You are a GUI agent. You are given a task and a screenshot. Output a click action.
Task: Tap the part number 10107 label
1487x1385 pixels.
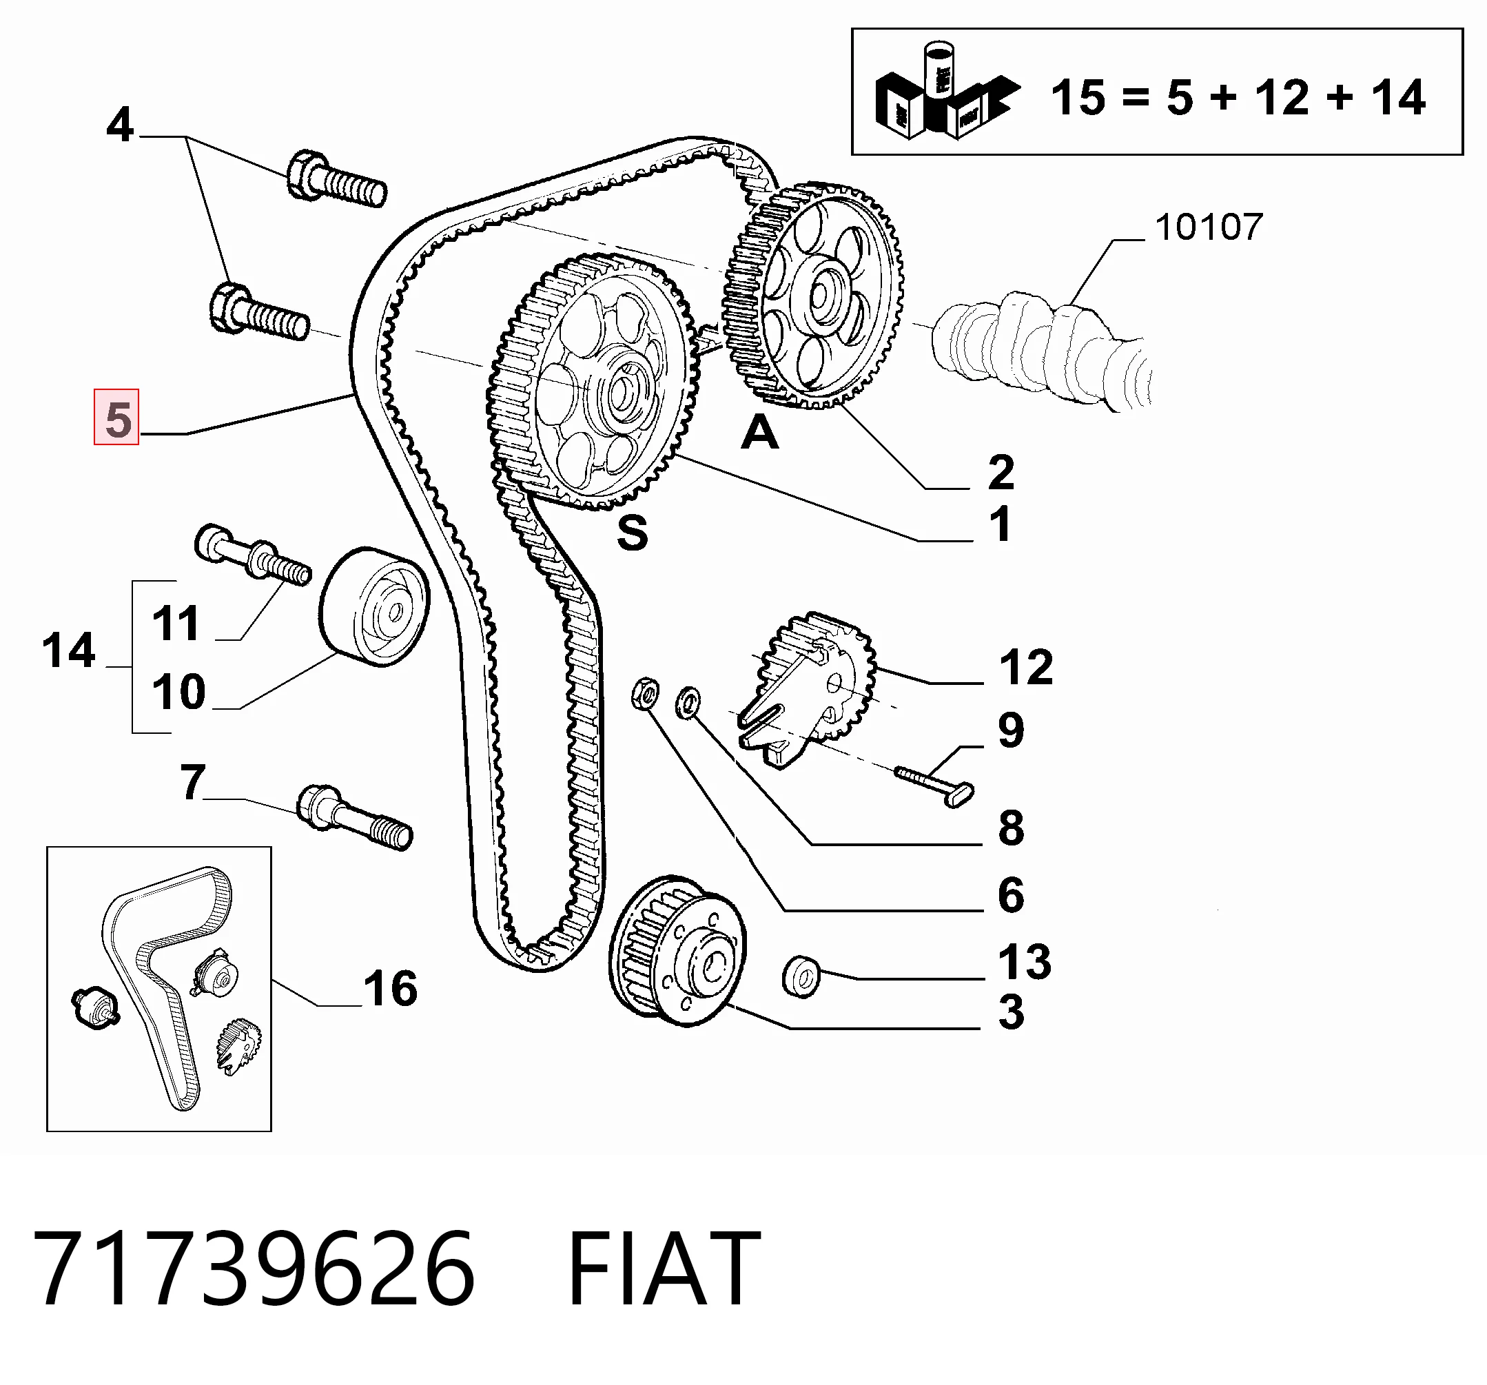pos(1209,227)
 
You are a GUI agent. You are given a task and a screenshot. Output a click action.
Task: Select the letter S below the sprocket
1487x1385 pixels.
pos(632,533)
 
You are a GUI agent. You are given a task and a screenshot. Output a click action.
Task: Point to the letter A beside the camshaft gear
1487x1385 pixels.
pos(759,432)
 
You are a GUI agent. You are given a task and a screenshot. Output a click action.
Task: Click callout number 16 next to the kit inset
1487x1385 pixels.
pos(391,988)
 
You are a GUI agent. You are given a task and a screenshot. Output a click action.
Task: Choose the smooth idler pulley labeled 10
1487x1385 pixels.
pos(374,606)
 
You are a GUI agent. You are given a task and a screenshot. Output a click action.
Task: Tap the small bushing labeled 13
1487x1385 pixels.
pos(801,976)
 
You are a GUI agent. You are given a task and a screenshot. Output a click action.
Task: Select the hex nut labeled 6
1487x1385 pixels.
pos(645,693)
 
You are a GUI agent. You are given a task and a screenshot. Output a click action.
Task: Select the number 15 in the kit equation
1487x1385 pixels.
pos(1078,97)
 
